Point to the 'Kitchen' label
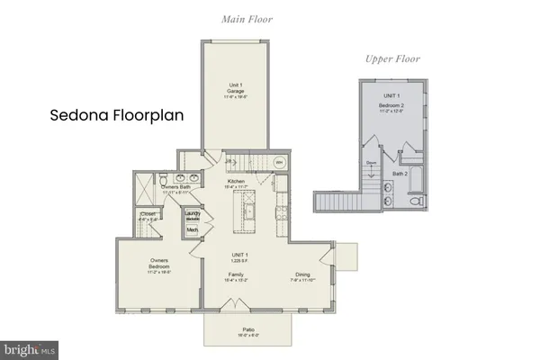tap(237, 182)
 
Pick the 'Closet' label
tap(148, 215)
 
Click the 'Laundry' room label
tap(193, 215)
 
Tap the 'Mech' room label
tap(192, 230)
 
